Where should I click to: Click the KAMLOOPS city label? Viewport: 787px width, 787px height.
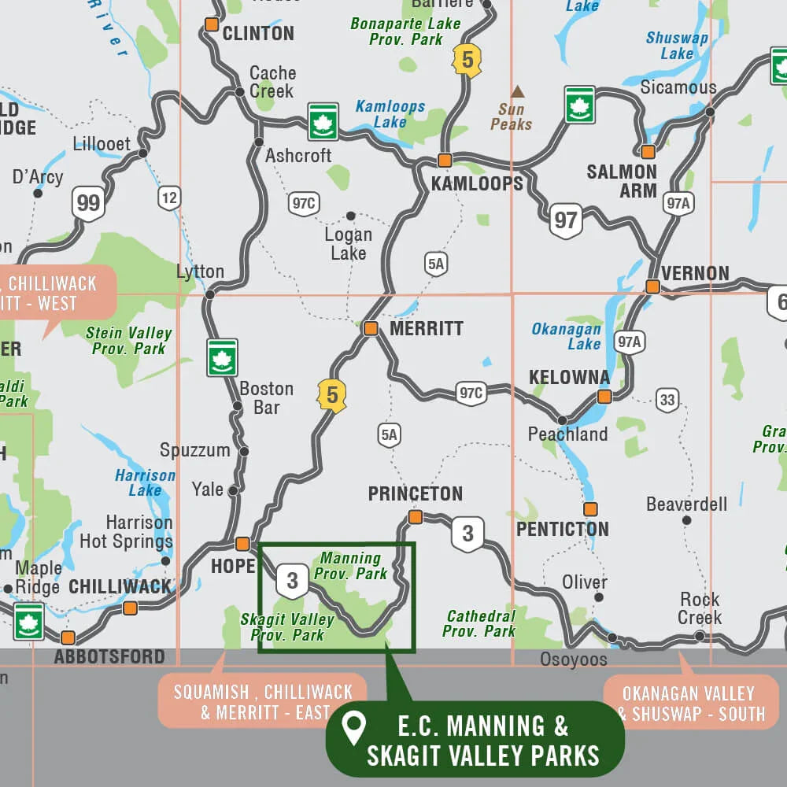pyautogui.click(x=477, y=183)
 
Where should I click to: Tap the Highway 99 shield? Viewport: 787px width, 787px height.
pyautogui.click(x=88, y=204)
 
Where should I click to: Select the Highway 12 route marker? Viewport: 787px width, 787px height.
pyautogui.click(x=169, y=197)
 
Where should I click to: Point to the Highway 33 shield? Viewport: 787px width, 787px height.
pyautogui.click(x=667, y=400)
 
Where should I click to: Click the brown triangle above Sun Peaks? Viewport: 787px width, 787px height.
pyautogui.click(x=517, y=91)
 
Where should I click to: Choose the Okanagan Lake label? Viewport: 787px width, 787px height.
pyautogui.click(x=566, y=336)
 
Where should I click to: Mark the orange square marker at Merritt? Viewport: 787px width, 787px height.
pyautogui.click(x=371, y=328)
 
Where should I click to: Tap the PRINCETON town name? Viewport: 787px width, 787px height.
pyautogui.click(x=415, y=493)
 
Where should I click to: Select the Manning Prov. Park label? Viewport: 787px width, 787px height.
pyautogui.click(x=351, y=566)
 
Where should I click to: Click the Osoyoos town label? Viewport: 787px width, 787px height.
pyautogui.click(x=573, y=659)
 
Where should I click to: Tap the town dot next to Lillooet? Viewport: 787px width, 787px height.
pyautogui.click(x=142, y=153)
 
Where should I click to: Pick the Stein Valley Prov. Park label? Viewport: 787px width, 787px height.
pyautogui.click(x=128, y=341)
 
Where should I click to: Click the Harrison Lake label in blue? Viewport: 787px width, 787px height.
pyautogui.click(x=145, y=482)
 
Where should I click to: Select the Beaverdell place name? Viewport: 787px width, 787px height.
pyautogui.click(x=686, y=504)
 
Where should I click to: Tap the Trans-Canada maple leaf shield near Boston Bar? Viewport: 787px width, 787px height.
pyautogui.click(x=222, y=357)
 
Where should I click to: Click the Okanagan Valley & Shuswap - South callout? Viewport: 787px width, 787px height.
pyautogui.click(x=690, y=703)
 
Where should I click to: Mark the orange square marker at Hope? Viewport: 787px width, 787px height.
pyautogui.click(x=242, y=543)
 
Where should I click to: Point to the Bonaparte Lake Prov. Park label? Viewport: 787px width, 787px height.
pyautogui.click(x=405, y=31)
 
